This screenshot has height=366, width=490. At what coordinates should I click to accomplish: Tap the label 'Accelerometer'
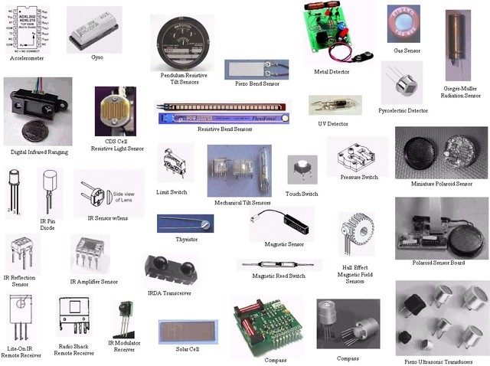pyautogui.click(x=28, y=57)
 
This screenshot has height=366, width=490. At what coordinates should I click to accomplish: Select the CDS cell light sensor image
pyautogui.click(x=116, y=112)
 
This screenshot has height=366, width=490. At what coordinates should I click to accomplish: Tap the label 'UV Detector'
pyautogui.click(x=332, y=123)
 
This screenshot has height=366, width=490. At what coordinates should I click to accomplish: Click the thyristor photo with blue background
pyautogui.click(x=180, y=224)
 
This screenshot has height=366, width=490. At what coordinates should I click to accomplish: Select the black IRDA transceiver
pyautogui.click(x=171, y=272)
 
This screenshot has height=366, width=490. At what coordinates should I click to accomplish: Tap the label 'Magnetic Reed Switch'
pyautogui.click(x=279, y=276)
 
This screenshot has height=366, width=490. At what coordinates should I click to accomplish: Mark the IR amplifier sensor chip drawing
pyautogui.click(x=90, y=253)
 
